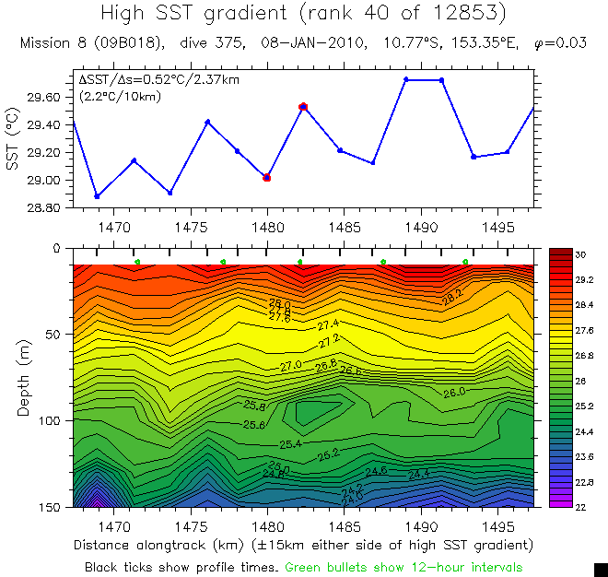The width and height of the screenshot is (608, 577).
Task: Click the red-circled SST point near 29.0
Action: click(267, 177)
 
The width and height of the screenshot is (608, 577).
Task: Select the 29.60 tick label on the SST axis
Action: click(46, 98)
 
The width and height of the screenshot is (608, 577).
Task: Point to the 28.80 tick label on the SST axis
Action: click(46, 209)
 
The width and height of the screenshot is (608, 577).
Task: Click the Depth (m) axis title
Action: click(25, 378)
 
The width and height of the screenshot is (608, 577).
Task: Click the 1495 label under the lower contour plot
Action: click(498, 522)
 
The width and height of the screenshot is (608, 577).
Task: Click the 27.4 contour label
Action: click(329, 324)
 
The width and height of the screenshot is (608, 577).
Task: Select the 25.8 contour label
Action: click(255, 406)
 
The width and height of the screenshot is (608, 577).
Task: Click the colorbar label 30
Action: click(580, 253)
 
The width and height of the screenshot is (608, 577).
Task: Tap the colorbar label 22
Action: click(580, 507)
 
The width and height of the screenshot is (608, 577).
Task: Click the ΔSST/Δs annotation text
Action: click(158, 80)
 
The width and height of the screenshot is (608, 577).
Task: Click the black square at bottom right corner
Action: click(601, 570)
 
